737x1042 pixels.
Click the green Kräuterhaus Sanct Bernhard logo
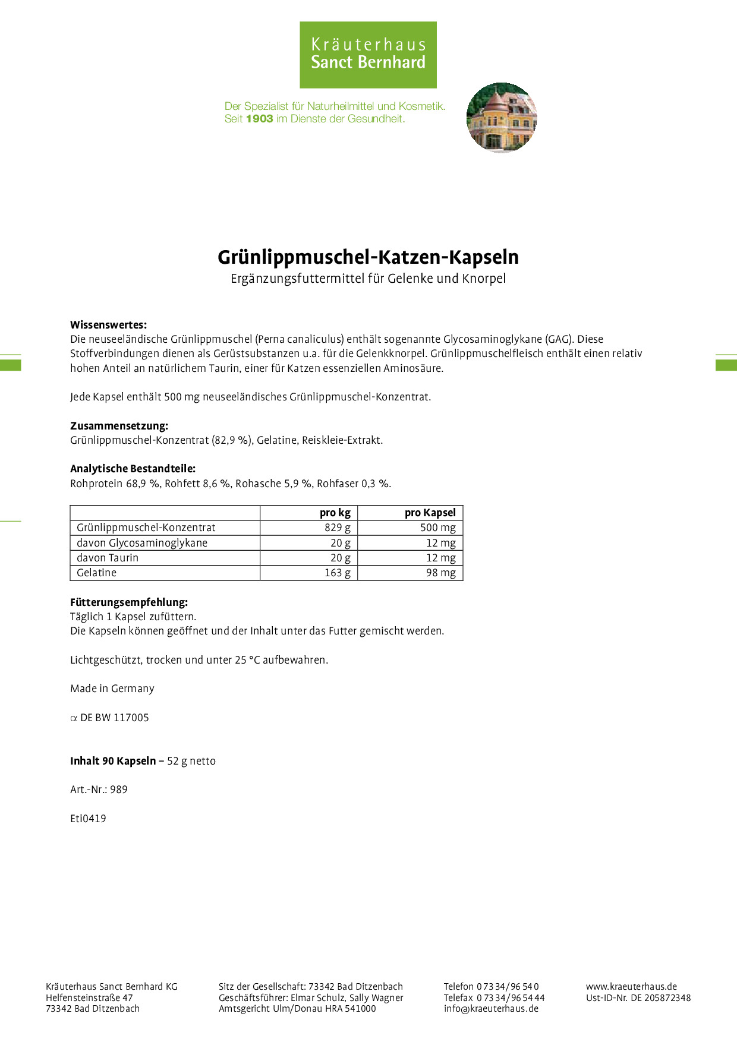[368, 55]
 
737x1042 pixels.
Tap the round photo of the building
[502, 118]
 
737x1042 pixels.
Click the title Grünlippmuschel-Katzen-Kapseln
[368, 257]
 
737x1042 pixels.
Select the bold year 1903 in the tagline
[259, 119]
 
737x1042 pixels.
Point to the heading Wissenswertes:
[108, 325]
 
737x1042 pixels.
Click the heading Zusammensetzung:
[119, 426]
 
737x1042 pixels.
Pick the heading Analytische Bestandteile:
[133, 469]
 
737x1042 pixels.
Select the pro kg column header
[335, 513]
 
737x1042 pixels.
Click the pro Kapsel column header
[430, 513]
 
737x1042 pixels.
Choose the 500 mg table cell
[437, 528]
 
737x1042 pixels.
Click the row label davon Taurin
[108, 558]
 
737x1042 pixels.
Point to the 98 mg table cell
[440, 573]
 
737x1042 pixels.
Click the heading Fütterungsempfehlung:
[129, 602]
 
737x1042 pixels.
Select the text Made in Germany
[112, 689]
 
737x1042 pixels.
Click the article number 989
[119, 790]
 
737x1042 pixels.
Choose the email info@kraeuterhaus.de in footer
[491, 1008]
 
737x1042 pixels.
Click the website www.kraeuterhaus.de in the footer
[631, 986]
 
